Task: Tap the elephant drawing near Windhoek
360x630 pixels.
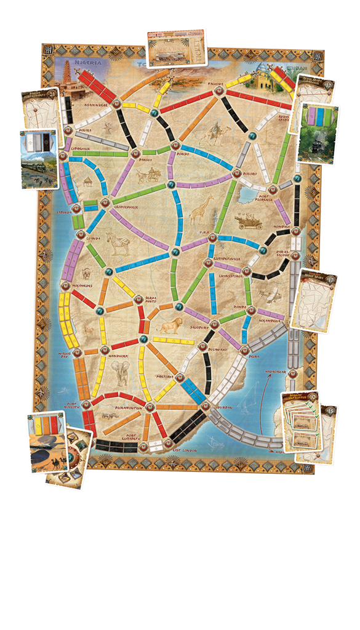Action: (x=119, y=373)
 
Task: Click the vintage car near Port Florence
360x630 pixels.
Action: (x=250, y=222)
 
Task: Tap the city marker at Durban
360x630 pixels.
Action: (x=205, y=405)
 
